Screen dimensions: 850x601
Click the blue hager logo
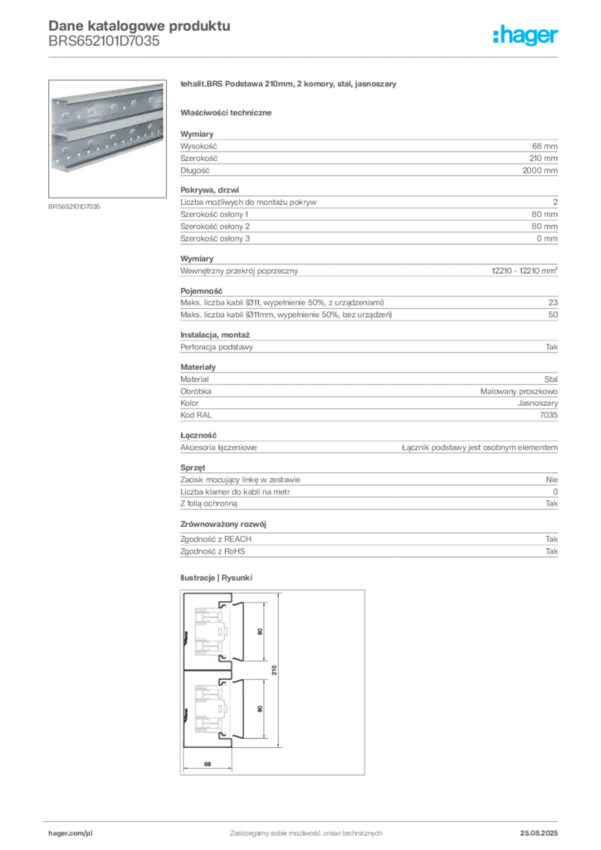click(x=525, y=37)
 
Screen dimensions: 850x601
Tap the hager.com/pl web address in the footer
click(x=92, y=831)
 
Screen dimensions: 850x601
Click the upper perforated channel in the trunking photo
click(x=108, y=108)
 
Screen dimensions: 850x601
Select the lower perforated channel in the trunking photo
click(x=108, y=151)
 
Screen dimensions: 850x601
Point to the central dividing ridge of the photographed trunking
click(x=108, y=130)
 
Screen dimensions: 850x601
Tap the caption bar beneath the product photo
click(x=76, y=206)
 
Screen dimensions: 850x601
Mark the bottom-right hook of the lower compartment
click(x=222, y=735)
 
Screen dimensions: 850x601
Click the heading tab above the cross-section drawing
click(x=218, y=577)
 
